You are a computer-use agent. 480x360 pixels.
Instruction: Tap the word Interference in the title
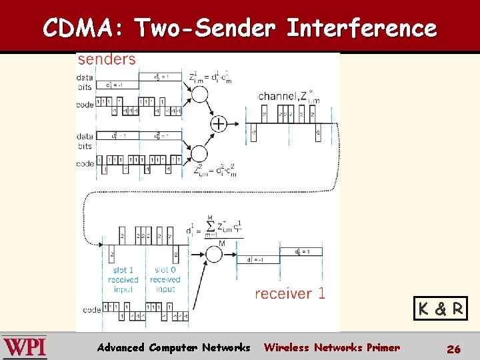pos(361,29)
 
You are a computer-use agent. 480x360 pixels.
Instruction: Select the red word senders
pos(107,59)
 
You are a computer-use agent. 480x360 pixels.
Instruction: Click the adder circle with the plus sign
pos(219,123)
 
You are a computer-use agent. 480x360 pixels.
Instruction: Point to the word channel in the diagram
pos(277,96)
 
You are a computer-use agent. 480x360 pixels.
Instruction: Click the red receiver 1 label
pos(290,293)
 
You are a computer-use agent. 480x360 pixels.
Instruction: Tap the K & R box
pos(440,309)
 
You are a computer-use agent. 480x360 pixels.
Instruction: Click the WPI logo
pos(25,347)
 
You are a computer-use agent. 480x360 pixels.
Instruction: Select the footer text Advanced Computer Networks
pos(173,347)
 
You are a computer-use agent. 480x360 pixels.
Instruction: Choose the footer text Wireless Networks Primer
pos(332,347)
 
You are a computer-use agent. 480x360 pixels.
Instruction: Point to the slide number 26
pos(453,348)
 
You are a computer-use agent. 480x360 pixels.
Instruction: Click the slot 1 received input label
pos(123,280)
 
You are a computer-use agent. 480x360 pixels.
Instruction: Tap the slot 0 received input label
pos(165,280)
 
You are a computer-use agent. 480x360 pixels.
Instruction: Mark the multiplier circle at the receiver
pos(215,253)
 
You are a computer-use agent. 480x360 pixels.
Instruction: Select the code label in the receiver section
pos(92,310)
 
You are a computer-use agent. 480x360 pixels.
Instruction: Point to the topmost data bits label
pos(85,81)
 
